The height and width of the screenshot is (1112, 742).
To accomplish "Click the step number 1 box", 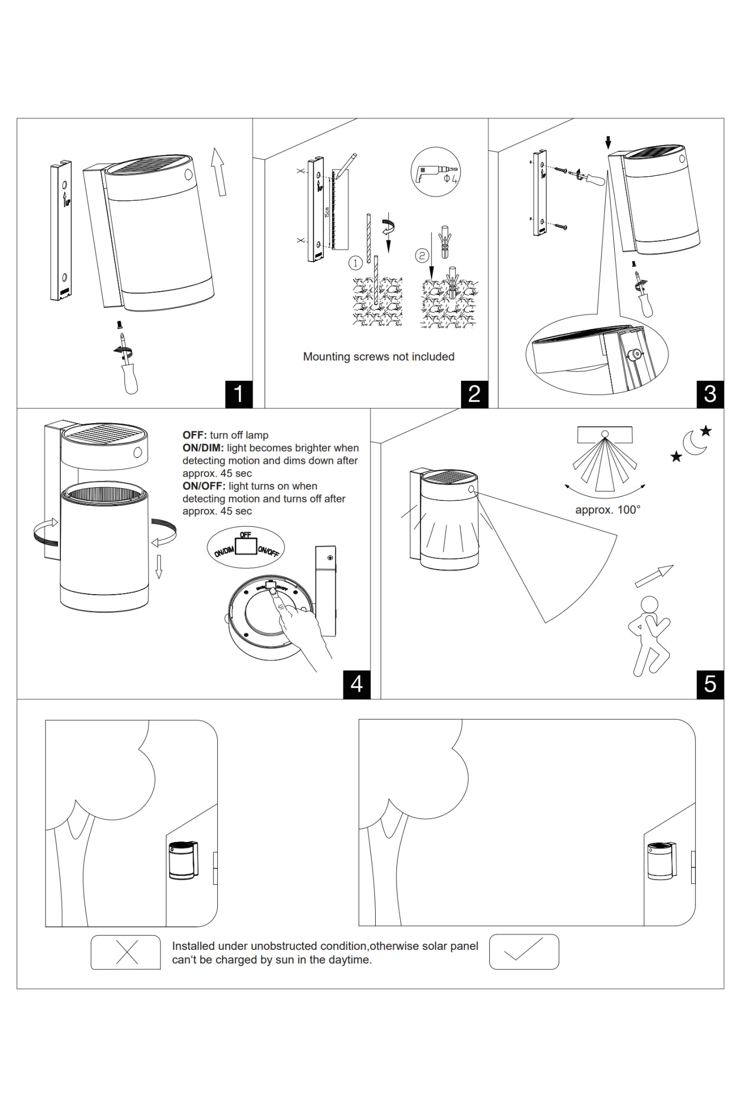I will coord(238,394).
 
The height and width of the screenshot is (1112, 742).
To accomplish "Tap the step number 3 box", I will coord(710,394).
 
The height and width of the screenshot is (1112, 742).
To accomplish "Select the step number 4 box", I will coord(357,684).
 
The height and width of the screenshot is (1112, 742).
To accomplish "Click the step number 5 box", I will coord(710,684).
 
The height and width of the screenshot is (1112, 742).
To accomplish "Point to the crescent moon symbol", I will coord(694,443).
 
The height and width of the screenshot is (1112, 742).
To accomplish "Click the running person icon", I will coord(650,635).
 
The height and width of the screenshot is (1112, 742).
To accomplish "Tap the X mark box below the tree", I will coord(126,953).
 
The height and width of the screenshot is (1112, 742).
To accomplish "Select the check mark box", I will coord(524,952).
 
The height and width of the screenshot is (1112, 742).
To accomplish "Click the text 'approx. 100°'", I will coord(608,510).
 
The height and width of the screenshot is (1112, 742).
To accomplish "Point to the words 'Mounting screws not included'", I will coord(378,357).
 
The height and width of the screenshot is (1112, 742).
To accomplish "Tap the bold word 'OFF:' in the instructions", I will coord(195,435).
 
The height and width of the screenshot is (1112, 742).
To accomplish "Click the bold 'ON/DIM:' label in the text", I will coord(203,448).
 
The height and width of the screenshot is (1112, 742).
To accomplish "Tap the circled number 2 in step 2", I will coord(421,256).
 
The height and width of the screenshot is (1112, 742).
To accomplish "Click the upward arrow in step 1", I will coord(218,171).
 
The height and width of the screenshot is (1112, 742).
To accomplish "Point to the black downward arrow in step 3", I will coord(608,142).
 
